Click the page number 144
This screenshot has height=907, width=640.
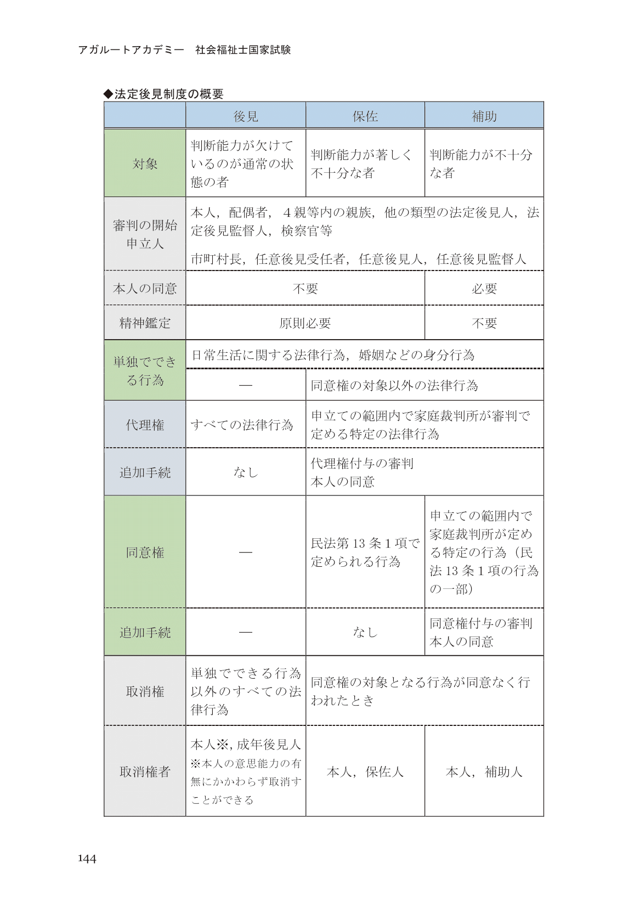click(87, 859)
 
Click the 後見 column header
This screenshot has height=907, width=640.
click(245, 116)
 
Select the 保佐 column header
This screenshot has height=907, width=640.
click(365, 116)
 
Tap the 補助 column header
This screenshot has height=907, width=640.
click(484, 116)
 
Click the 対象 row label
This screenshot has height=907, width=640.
click(145, 164)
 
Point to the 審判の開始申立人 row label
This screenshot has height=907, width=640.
click(145, 234)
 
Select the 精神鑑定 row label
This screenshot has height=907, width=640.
click(145, 323)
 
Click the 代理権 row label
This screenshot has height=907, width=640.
click(145, 425)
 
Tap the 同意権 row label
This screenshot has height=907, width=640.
click(145, 553)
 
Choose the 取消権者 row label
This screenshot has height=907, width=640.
click(145, 772)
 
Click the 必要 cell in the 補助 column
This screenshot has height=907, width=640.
click(484, 289)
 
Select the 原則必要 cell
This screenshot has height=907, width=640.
click(305, 323)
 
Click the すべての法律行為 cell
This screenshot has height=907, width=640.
click(242, 425)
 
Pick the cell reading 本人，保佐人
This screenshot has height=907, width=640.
click(365, 772)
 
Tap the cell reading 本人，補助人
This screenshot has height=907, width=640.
click(484, 772)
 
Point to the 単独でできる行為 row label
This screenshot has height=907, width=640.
click(145, 371)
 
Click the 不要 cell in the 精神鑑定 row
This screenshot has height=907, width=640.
click(484, 323)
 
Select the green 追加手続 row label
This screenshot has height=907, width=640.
click(145, 633)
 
